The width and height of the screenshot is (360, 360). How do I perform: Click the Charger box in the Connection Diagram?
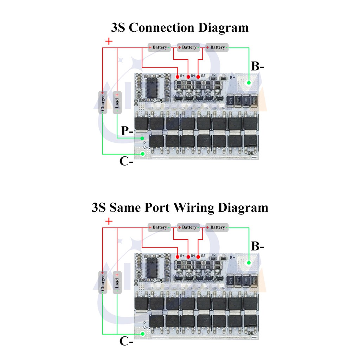pyautogui.click(x=103, y=102)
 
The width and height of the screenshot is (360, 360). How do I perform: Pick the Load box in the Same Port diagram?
pyautogui.click(x=117, y=282)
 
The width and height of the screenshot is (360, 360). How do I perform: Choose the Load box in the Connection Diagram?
pyautogui.click(x=117, y=102)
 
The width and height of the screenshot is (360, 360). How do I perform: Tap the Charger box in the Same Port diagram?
pyautogui.click(x=103, y=282)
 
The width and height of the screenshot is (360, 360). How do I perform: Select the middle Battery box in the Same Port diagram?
pyautogui.click(x=188, y=227)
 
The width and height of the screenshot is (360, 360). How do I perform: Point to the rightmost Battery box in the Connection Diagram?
pyautogui.click(x=217, y=47)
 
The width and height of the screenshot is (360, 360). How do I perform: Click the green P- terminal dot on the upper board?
pyautogui.click(x=142, y=138)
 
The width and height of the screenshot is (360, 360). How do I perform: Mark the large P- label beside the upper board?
pyautogui.click(x=127, y=131)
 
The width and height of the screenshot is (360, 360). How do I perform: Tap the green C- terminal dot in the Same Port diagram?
pyautogui.click(x=143, y=334)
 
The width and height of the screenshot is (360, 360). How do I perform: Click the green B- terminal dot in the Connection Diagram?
pyautogui.click(x=249, y=83)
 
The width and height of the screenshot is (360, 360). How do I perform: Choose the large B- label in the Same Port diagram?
pyautogui.click(x=257, y=246)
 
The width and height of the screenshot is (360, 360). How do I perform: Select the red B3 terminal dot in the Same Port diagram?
pyautogui.click(x=198, y=256)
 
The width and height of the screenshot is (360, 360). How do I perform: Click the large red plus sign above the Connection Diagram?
pyautogui.click(x=109, y=41)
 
